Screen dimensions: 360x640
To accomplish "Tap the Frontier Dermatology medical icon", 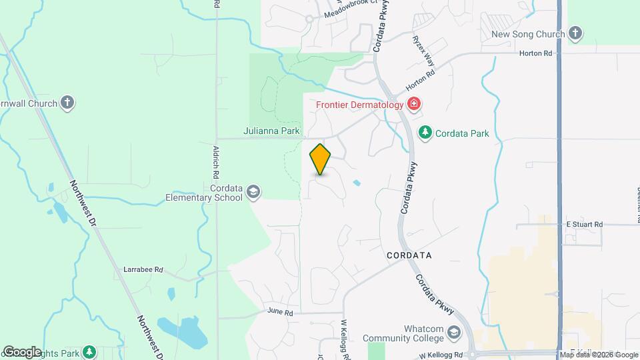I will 413,104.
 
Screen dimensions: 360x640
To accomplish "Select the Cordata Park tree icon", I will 425,133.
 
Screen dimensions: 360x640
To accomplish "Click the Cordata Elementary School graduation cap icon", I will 253,193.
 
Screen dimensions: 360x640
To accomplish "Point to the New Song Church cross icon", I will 576,34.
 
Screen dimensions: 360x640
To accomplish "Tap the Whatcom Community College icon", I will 454,333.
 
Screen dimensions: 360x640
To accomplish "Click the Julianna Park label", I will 271,131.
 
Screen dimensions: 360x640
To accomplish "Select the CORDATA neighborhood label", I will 409,255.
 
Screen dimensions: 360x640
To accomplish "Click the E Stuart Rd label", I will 584,225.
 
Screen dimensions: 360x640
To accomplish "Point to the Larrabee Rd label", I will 143,270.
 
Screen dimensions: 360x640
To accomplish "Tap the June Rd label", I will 280,311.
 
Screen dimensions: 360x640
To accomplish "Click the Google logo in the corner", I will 22,351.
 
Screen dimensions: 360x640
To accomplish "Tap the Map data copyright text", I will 599,355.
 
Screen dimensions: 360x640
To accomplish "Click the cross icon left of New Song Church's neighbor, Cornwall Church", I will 67,103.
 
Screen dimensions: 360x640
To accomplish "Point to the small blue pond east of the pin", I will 356,182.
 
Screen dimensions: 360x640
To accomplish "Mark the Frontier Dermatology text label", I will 359,105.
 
